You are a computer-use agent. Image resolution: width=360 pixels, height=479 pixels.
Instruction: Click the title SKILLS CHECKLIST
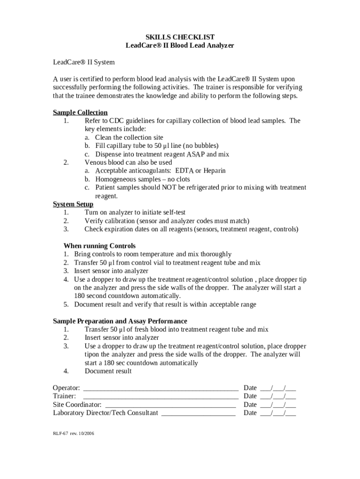coord(180,37)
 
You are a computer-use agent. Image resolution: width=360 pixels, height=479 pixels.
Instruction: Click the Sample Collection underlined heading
coord(80,112)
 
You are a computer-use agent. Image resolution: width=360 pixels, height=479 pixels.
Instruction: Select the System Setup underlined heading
coord(73,204)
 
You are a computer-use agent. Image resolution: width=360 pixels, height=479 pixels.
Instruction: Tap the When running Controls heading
coord(100,246)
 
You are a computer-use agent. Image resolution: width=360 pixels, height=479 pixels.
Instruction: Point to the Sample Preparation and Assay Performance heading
coord(120,321)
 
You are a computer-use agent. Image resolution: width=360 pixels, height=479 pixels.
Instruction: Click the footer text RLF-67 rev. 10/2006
coord(73,433)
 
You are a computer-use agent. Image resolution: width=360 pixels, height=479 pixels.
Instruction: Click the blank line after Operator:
coord(160,388)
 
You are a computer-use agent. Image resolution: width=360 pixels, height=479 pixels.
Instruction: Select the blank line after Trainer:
coord(160,397)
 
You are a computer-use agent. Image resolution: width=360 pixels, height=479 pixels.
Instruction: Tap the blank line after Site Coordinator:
coord(171,405)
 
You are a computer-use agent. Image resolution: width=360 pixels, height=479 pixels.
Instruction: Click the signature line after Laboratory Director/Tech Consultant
coord(198,414)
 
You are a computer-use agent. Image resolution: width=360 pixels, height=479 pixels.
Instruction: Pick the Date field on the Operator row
coord(278,388)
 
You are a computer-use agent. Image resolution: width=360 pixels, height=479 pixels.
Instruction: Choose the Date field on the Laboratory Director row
coord(278,414)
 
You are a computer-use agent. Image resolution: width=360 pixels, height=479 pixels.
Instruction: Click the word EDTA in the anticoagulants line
coord(184,171)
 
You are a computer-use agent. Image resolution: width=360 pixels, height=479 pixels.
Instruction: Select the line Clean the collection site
coord(129,138)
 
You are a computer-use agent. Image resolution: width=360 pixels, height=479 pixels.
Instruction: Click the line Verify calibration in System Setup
coord(167,221)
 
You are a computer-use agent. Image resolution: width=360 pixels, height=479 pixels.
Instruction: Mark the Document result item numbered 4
coord(108,371)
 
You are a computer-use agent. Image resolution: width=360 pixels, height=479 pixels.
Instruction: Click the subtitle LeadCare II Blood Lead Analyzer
coord(180,45)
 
